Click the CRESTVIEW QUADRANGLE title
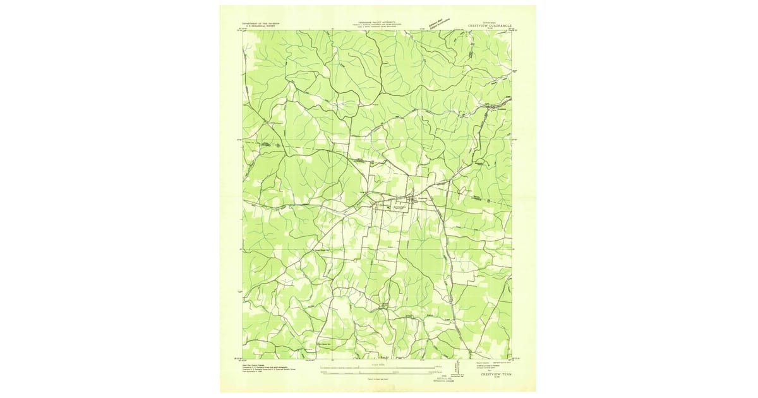tap(490, 25)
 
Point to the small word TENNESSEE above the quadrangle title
tap(490, 21)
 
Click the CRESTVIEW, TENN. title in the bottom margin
tap(490, 374)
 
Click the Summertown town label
tap(395, 207)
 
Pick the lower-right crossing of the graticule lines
tap(422, 249)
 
